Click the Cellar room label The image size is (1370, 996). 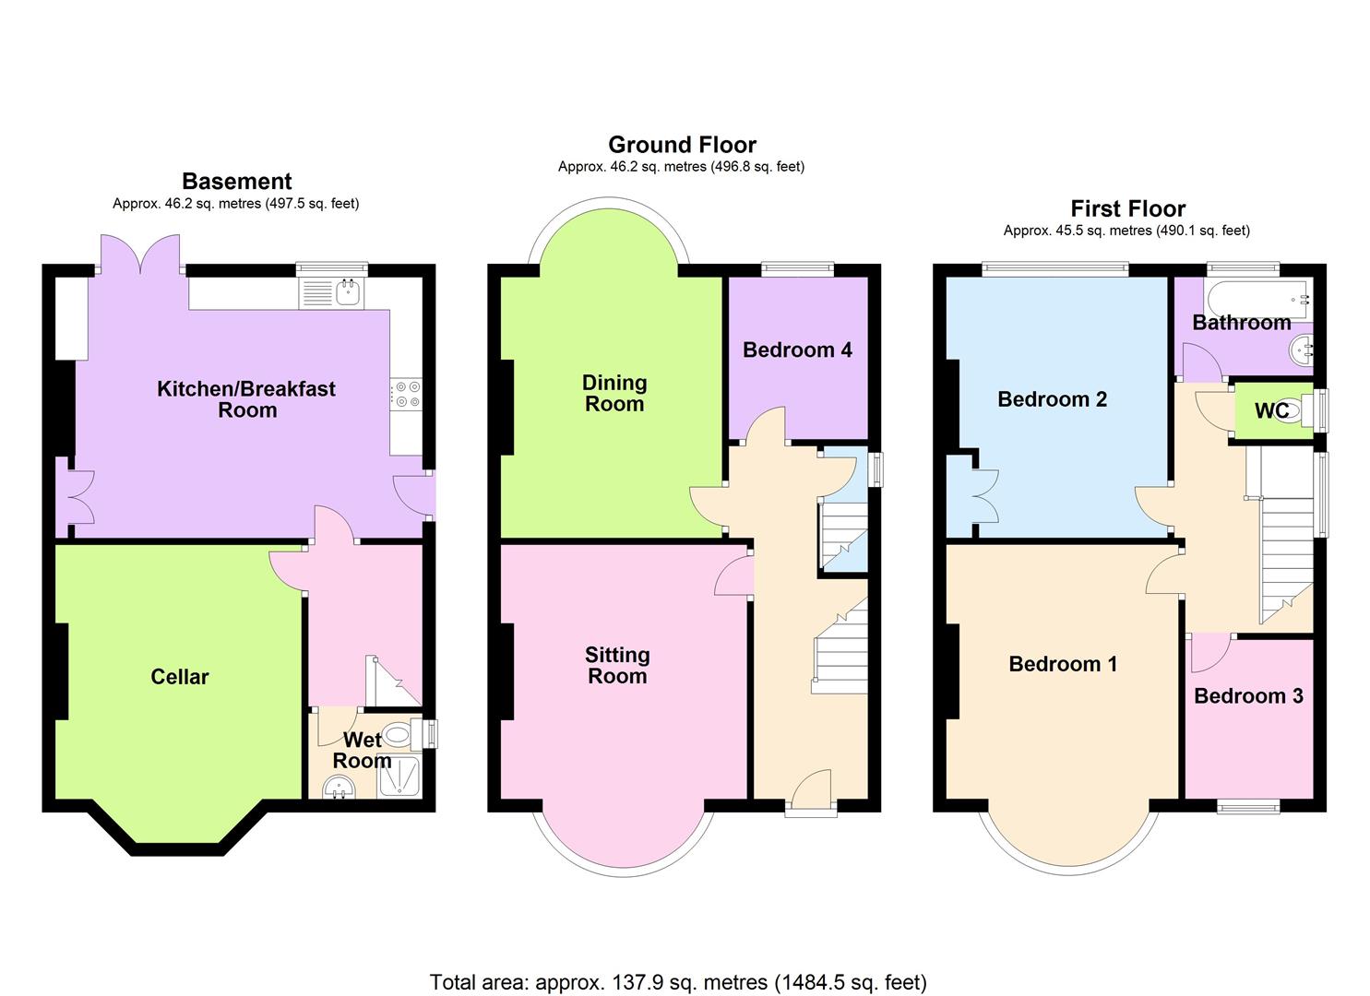pos(179,677)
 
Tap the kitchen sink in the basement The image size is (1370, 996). pos(350,292)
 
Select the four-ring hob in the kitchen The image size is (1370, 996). pos(407,394)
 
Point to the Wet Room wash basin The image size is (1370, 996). pos(340,787)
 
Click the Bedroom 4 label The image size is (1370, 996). pos(797,350)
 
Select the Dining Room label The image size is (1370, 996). pos(614,393)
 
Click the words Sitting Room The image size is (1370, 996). pos(617,665)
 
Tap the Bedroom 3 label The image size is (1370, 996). pos(1248,695)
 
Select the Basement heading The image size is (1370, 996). pos(236,181)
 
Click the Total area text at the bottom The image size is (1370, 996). pos(678,982)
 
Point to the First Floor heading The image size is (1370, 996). pos(1127,208)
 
